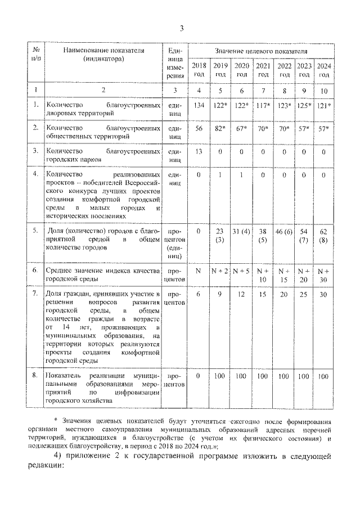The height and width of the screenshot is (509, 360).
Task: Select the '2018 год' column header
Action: coord(198,70)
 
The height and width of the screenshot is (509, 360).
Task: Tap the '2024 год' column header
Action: coord(323,70)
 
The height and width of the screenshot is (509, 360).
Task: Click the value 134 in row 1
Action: coord(198,105)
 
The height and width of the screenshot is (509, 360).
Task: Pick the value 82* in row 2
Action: coord(220,129)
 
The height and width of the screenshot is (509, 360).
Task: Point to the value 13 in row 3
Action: coord(198,151)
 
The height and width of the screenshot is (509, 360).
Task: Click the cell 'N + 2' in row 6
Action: coord(219,271)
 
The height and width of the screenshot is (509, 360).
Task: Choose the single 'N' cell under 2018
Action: coord(198,271)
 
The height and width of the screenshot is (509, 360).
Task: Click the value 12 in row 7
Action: coord(241,294)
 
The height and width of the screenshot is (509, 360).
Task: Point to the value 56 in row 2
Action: coord(198,129)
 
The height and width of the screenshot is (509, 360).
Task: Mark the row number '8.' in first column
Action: coord(35,375)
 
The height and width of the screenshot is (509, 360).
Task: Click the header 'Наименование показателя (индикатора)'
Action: coord(103,54)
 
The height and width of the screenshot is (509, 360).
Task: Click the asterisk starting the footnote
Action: coord(56,420)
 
